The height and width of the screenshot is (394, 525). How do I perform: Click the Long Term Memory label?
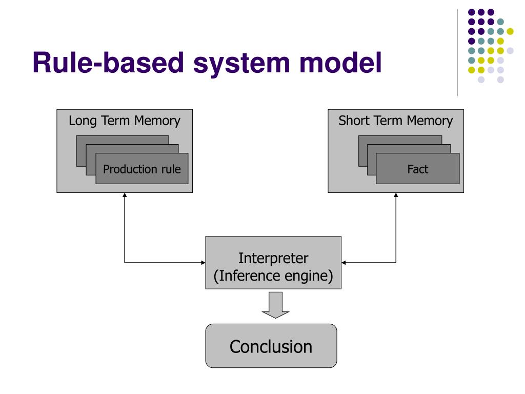125,121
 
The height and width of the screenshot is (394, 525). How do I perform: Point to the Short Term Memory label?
396,121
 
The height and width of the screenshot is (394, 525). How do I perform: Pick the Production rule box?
142,168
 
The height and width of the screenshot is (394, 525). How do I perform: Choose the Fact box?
417,168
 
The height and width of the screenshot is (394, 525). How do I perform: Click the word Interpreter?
273,259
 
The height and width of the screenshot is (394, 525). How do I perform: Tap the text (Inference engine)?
273,276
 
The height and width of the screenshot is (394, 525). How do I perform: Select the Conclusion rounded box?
271,346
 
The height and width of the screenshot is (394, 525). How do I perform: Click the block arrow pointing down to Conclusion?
275,305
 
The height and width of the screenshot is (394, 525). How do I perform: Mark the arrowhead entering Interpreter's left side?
203,263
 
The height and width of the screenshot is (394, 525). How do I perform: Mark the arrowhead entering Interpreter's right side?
344,263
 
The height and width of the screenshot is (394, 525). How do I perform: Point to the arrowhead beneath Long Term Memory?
125,195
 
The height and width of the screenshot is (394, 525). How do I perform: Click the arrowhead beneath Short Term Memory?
396,195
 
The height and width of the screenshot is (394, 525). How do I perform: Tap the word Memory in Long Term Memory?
157,121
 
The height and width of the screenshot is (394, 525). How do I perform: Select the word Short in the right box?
353,121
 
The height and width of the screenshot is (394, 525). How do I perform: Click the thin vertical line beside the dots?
457,53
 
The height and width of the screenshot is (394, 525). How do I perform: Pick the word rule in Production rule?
171,169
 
